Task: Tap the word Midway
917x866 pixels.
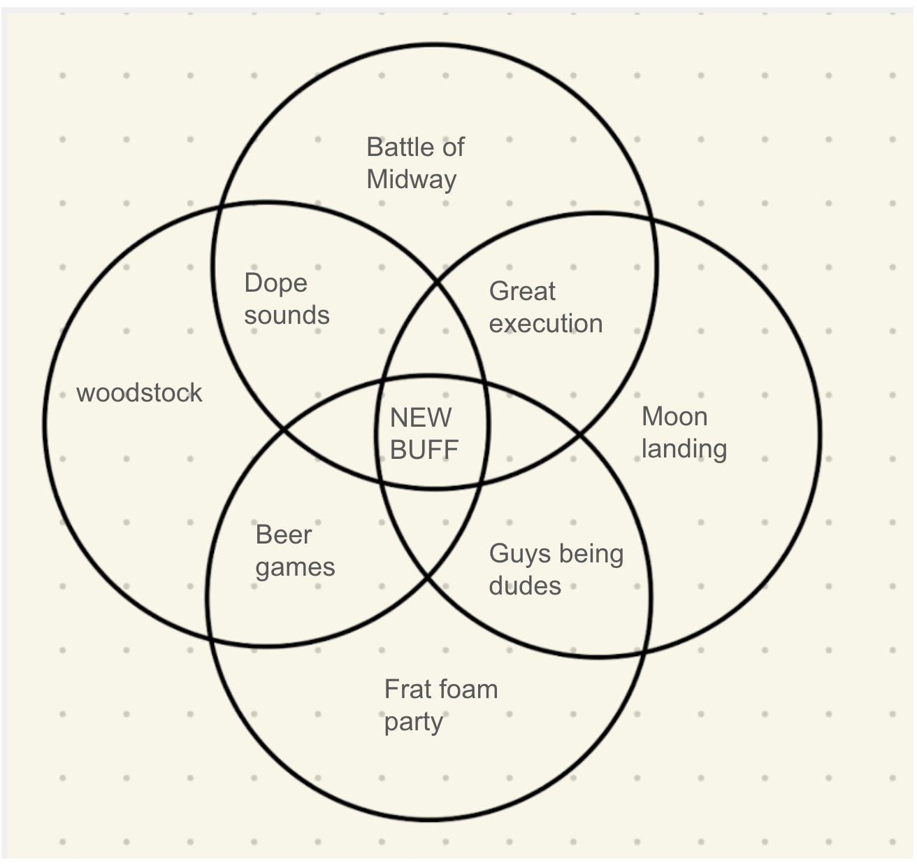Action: [411, 180]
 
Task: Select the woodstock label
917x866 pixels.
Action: [139, 393]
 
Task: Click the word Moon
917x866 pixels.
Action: [674, 417]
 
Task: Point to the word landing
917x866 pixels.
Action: [684, 449]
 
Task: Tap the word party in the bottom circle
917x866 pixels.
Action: [413, 722]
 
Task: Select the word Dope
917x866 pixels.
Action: [275, 283]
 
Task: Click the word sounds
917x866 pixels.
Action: [287, 315]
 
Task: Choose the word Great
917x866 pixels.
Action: [522, 291]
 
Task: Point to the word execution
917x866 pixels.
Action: [545, 324]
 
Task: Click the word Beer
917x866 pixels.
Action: [284, 535]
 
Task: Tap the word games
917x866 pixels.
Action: [295, 567]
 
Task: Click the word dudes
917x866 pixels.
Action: [525, 586]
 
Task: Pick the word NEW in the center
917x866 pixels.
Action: [420, 418]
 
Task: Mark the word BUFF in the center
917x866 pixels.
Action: [424, 450]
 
